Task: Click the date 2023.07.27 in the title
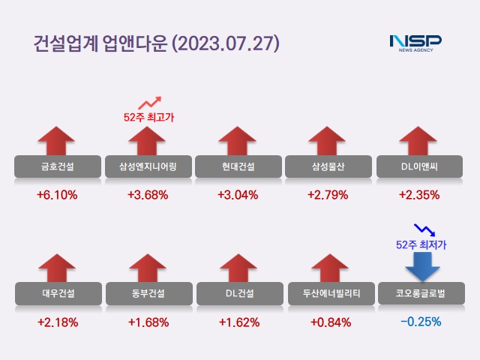pyautogui.click(x=226, y=43)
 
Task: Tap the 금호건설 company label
pyautogui.click(x=57, y=166)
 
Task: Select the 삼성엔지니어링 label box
pyautogui.click(x=148, y=166)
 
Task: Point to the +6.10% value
pyautogui.click(x=57, y=195)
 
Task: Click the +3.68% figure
pyautogui.click(x=148, y=195)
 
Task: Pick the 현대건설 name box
pyautogui.click(x=238, y=166)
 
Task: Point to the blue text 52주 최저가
pyautogui.click(x=421, y=244)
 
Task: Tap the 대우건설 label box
pyautogui.click(x=57, y=293)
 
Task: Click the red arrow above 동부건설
pyautogui.click(x=148, y=268)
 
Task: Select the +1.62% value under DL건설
pyautogui.click(x=238, y=322)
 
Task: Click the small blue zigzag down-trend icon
pyautogui.click(x=424, y=228)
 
